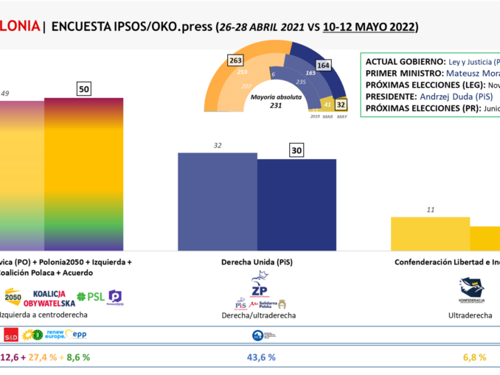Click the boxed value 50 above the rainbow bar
pyautogui.click(x=84, y=89)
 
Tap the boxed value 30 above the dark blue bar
pyautogui.click(x=296, y=150)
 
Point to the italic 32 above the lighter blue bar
pyautogui.click(x=218, y=145)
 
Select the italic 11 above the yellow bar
pyautogui.click(x=430, y=209)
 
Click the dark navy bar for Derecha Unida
pyautogui.click(x=296, y=207)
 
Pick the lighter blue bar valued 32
pyautogui.click(x=218, y=203)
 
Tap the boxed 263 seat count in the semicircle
pyautogui.click(x=236, y=60)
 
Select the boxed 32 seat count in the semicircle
pyautogui.click(x=340, y=105)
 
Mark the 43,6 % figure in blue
pyautogui.click(x=260, y=357)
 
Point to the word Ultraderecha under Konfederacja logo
pyautogui.click(x=472, y=315)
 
